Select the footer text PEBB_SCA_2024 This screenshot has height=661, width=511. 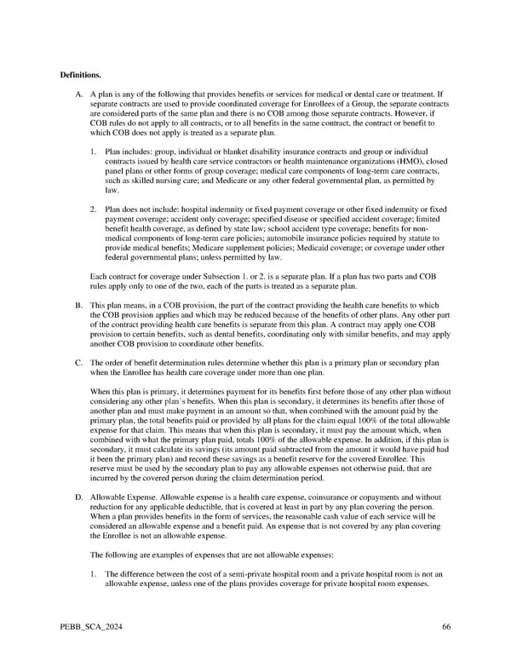[86, 628]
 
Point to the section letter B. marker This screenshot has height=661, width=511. [79, 304]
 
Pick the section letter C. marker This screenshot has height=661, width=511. [79, 362]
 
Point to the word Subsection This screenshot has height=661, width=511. [210, 276]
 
